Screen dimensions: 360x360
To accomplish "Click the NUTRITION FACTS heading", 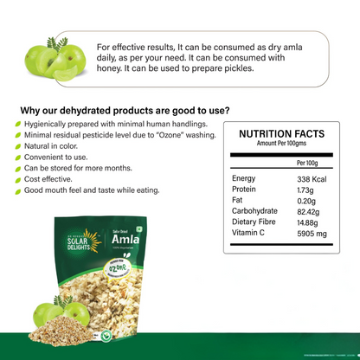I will point(281,134).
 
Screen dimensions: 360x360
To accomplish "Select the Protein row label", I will point(247,189).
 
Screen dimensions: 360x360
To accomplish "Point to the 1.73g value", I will point(305,189).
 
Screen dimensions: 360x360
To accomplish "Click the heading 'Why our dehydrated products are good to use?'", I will point(125,110).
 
